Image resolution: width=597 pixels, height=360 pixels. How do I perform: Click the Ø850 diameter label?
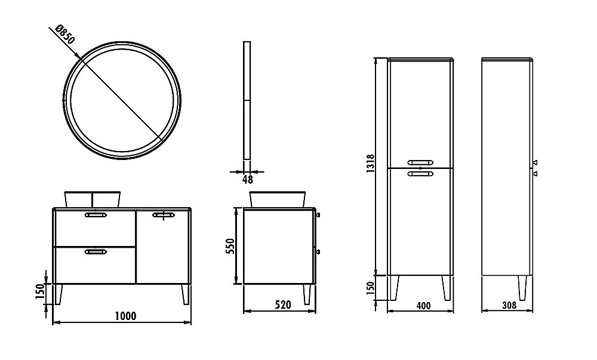(x=66, y=34)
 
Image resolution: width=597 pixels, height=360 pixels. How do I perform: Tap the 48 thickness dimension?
(x=247, y=179)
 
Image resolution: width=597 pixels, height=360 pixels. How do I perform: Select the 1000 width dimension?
(x=125, y=316)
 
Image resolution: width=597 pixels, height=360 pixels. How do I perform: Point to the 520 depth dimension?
(x=283, y=304)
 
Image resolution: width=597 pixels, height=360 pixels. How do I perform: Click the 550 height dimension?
(x=230, y=247)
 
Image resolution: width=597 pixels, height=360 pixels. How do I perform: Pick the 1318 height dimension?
(x=371, y=164)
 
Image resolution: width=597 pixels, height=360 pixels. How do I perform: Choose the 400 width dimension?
(x=423, y=306)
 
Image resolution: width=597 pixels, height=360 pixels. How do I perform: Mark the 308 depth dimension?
(x=509, y=305)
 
